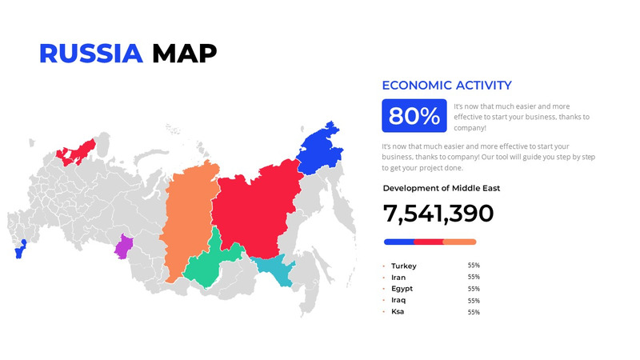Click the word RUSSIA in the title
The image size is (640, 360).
coord(90,53)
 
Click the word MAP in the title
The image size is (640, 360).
coord(184,53)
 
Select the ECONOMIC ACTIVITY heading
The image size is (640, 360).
coord(446,86)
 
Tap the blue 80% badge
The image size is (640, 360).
coord(414,116)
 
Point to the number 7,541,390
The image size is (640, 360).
coord(438,214)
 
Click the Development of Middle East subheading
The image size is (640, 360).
coord(441,188)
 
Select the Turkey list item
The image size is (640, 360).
coord(404,266)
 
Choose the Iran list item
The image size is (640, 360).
coord(398,278)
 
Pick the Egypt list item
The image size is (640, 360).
coord(402,289)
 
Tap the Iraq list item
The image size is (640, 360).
coord(398,300)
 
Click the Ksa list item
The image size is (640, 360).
coord(398,311)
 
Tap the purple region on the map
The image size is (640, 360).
coord(123,246)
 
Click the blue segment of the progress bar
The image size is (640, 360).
coord(398,242)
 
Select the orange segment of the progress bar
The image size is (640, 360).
coord(460,242)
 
